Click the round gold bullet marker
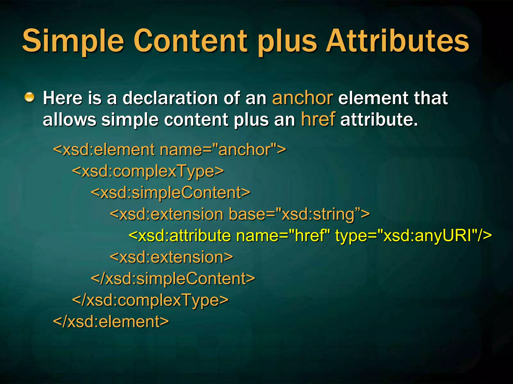tap(30, 97)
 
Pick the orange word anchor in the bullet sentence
tap(303, 98)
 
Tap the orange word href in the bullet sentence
tap(318, 119)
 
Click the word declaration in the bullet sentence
tap(170, 98)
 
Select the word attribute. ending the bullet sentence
tap(379, 119)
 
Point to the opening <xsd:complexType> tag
tap(148, 171)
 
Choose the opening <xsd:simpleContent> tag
tap(170, 193)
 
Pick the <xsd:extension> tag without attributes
tap(171, 257)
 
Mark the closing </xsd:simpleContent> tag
tap(173, 278)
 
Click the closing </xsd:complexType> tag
tap(150, 300)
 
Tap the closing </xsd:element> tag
tap(111, 321)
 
